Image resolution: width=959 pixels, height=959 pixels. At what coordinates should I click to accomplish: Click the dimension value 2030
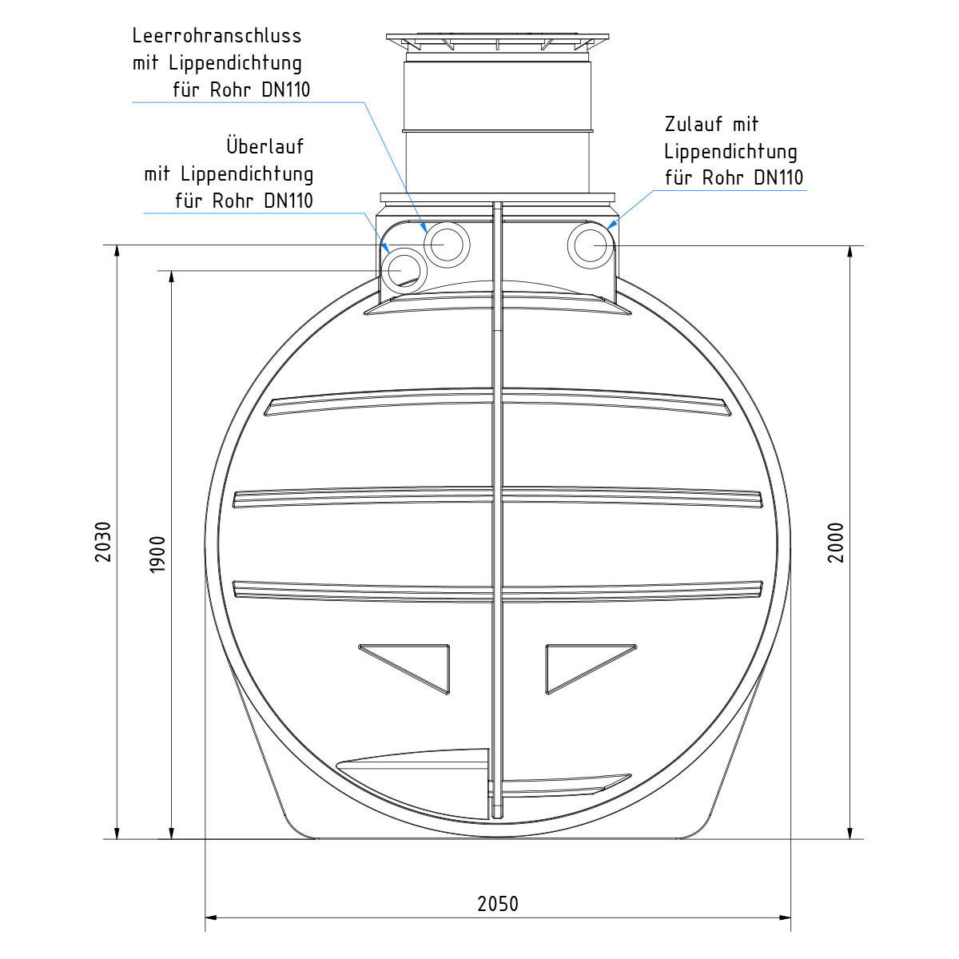[x=103, y=542]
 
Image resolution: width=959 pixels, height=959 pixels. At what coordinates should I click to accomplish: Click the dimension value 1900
[x=157, y=555]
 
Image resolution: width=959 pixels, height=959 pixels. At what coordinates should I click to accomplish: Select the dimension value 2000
[x=836, y=543]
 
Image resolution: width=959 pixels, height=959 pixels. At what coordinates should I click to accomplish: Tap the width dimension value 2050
[x=498, y=904]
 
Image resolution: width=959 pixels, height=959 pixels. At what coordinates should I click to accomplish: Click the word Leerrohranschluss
[x=217, y=36]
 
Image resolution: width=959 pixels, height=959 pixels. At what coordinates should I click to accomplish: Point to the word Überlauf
[x=265, y=145]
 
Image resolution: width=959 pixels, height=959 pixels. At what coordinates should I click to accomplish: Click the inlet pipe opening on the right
[x=591, y=246]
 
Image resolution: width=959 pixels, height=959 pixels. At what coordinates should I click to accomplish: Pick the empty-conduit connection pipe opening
[x=447, y=245]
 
